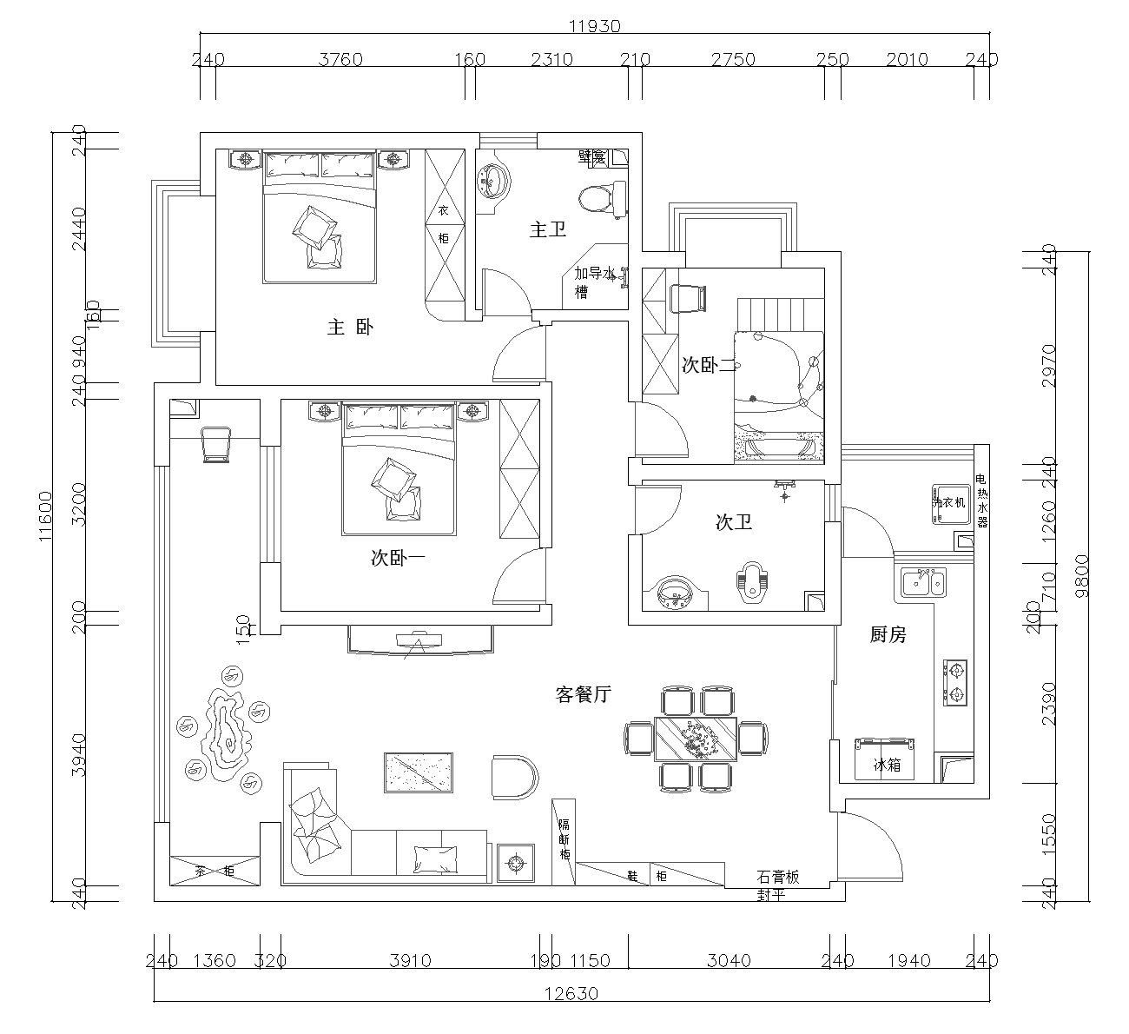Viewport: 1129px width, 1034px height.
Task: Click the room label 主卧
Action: (350, 328)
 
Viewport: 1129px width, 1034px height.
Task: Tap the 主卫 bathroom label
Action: (548, 230)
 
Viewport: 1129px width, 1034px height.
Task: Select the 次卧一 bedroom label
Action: (398, 558)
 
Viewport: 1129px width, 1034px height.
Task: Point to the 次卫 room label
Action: (733, 522)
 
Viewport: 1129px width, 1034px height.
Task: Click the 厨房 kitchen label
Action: (888, 635)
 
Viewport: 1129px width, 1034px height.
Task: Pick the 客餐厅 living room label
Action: (584, 694)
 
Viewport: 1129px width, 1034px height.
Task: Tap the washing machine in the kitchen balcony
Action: (949, 503)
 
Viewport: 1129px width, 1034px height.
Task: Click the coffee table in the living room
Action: (419, 772)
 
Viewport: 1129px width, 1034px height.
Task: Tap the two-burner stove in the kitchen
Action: (955, 681)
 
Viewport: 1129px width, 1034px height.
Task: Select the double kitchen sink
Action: (922, 582)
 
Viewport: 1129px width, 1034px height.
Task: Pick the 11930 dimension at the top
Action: (595, 26)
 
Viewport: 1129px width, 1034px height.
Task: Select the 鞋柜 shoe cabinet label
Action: (647, 876)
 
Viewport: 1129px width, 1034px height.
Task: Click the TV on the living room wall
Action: (419, 639)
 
